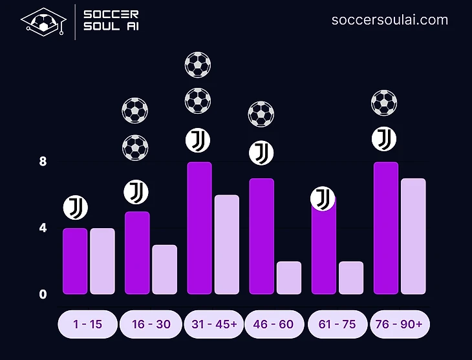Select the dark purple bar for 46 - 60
[x=262, y=236]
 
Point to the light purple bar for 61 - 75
[x=351, y=277]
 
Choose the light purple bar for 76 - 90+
[x=413, y=236]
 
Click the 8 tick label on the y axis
[x=43, y=162]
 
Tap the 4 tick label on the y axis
[x=43, y=228]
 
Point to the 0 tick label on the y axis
[x=43, y=294]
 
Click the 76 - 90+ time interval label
[x=399, y=324]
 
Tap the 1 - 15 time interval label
[x=88, y=324]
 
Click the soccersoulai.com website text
[x=390, y=19]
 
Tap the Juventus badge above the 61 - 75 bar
[x=323, y=198]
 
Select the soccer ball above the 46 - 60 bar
[x=261, y=114]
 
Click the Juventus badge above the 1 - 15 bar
[x=75, y=207]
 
